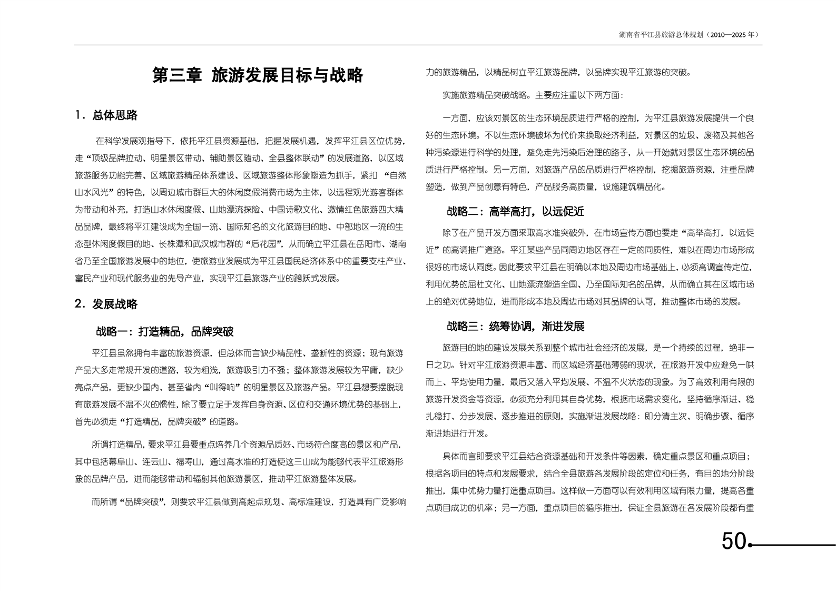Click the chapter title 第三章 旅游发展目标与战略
coord(258,75)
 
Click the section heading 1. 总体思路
coord(107,115)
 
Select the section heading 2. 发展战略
coord(107,304)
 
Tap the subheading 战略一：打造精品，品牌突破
coord(164,331)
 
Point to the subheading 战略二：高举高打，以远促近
coord(515,212)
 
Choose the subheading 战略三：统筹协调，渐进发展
coord(515,327)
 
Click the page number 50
coord(733,541)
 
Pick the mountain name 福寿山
coord(189,462)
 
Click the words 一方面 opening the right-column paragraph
coord(456,118)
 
